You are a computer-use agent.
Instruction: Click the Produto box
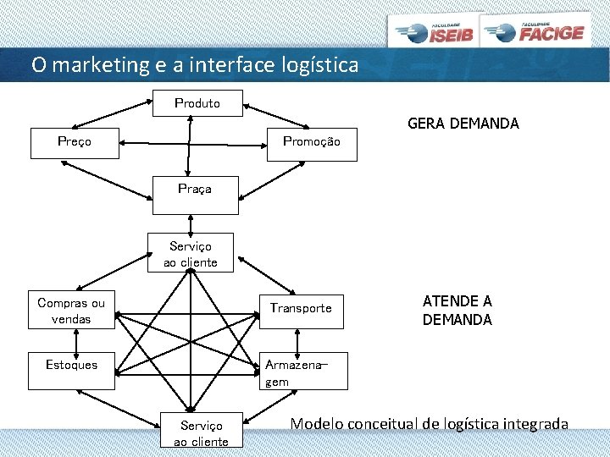pyautogui.click(x=197, y=103)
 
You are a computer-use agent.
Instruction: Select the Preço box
pyautogui.click(x=74, y=142)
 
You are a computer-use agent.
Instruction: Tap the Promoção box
pyautogui.click(x=311, y=142)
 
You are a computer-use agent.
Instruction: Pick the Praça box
pyautogui.click(x=195, y=190)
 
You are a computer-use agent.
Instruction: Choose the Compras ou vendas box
pyautogui.click(x=71, y=311)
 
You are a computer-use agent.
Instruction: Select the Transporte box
pyautogui.click(x=301, y=308)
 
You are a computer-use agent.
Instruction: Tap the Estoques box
pyautogui.click(x=71, y=366)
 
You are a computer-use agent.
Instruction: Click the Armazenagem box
pyautogui.click(x=302, y=372)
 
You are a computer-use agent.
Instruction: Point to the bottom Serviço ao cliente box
pyautogui.click(x=201, y=433)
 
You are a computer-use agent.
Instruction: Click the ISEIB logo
pyautogui.click(x=433, y=32)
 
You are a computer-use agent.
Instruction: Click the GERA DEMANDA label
pyautogui.click(x=463, y=124)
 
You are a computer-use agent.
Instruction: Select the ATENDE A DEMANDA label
pyautogui.click(x=457, y=311)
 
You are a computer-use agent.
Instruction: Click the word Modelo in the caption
pyautogui.click(x=317, y=423)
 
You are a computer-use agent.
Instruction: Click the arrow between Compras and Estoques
pyautogui.click(x=75, y=340)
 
